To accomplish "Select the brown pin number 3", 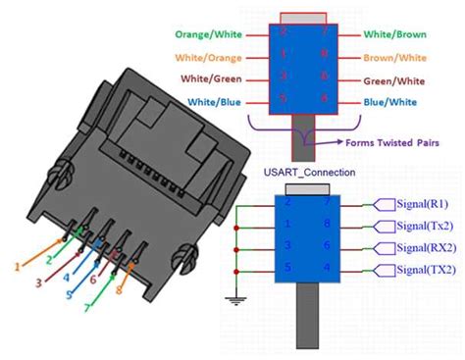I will (x=39, y=283).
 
